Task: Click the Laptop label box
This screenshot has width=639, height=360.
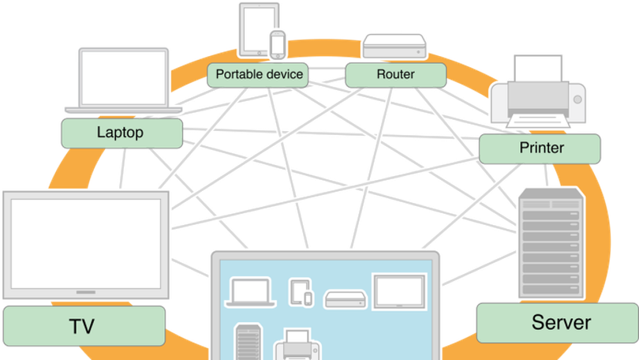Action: pos(120,132)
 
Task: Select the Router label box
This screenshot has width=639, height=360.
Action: pos(395,75)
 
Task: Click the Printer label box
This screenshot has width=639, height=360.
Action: pos(540,147)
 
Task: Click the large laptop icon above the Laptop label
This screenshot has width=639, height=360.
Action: pos(123,79)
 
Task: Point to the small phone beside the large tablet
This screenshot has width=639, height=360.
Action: pos(277,45)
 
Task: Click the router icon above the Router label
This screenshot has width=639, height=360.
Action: pos(394,47)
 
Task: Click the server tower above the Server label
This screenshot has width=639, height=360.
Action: pos(551,244)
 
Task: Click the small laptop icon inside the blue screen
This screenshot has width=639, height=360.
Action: pos(251,293)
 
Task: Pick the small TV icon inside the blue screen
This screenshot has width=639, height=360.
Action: pos(398,292)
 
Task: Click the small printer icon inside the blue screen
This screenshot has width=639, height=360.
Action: pos(296,345)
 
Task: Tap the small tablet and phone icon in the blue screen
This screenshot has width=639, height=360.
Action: pos(301,292)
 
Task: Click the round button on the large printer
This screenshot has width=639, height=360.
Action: pos(577,99)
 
